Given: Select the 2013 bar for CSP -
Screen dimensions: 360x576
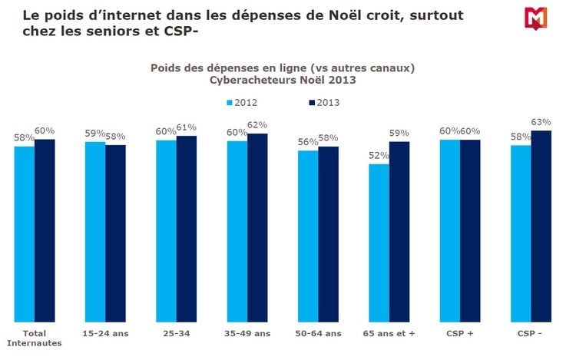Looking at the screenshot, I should [x=541, y=226].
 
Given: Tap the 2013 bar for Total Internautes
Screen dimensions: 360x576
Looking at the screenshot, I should [x=45, y=230].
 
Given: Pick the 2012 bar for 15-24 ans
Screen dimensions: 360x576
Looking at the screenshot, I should [x=95, y=232].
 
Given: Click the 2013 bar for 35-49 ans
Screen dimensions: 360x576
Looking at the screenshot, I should [x=257, y=228].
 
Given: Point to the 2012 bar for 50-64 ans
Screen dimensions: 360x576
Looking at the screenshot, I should [x=308, y=236].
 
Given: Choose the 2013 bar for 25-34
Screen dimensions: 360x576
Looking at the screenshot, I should [x=187, y=229].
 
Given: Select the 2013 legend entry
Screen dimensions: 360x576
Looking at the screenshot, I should [x=323, y=102].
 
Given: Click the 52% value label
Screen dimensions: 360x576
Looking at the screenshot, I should [x=379, y=156].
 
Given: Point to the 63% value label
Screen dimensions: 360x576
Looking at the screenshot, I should [x=541, y=121].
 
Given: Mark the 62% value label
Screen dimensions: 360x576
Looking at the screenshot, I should [x=257, y=124].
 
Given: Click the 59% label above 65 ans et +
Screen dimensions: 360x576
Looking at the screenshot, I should [x=399, y=133].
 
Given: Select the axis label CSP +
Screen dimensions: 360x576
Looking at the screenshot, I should [x=460, y=333].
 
